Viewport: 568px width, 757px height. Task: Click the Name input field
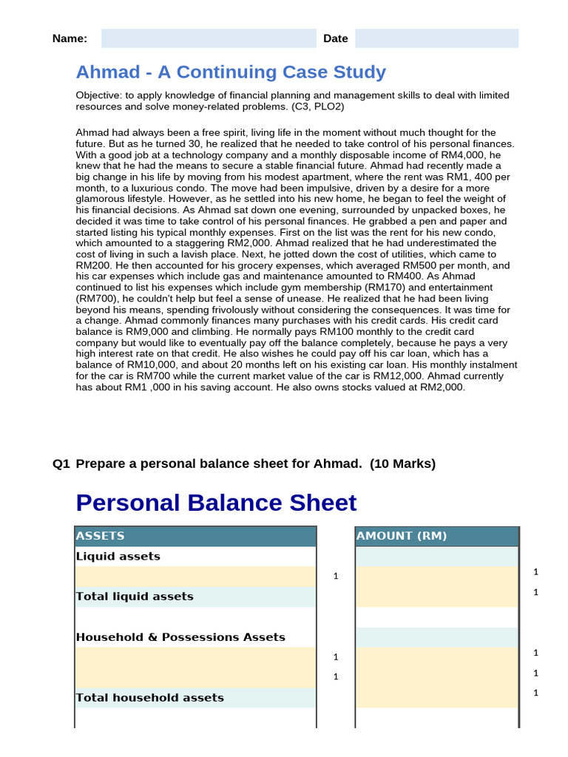[209, 38]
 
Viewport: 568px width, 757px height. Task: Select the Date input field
[436, 38]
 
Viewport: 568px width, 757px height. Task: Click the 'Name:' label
[70, 38]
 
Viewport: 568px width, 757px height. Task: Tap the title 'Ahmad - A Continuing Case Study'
[231, 72]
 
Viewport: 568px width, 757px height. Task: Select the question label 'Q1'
[61, 464]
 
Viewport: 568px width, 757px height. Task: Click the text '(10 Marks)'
[403, 464]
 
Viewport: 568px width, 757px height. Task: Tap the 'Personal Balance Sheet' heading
[216, 503]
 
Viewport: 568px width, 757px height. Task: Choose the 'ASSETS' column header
[101, 536]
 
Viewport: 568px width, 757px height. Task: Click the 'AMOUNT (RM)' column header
[402, 536]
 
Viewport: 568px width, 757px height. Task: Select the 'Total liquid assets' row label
[135, 597]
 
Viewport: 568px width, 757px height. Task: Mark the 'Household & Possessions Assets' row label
[180, 637]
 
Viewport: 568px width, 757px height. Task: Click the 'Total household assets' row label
[149, 698]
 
